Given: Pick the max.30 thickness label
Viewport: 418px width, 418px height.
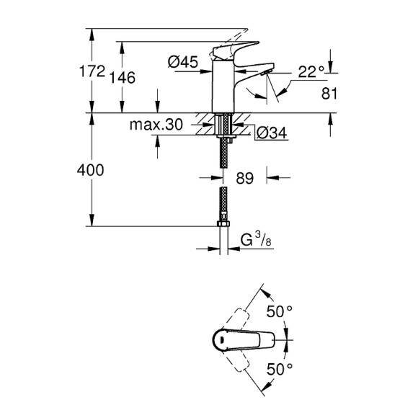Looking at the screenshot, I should (156, 125).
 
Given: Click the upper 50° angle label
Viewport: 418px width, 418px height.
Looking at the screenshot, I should (280, 311).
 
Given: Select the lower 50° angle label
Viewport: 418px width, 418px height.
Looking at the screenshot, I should (280, 369).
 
